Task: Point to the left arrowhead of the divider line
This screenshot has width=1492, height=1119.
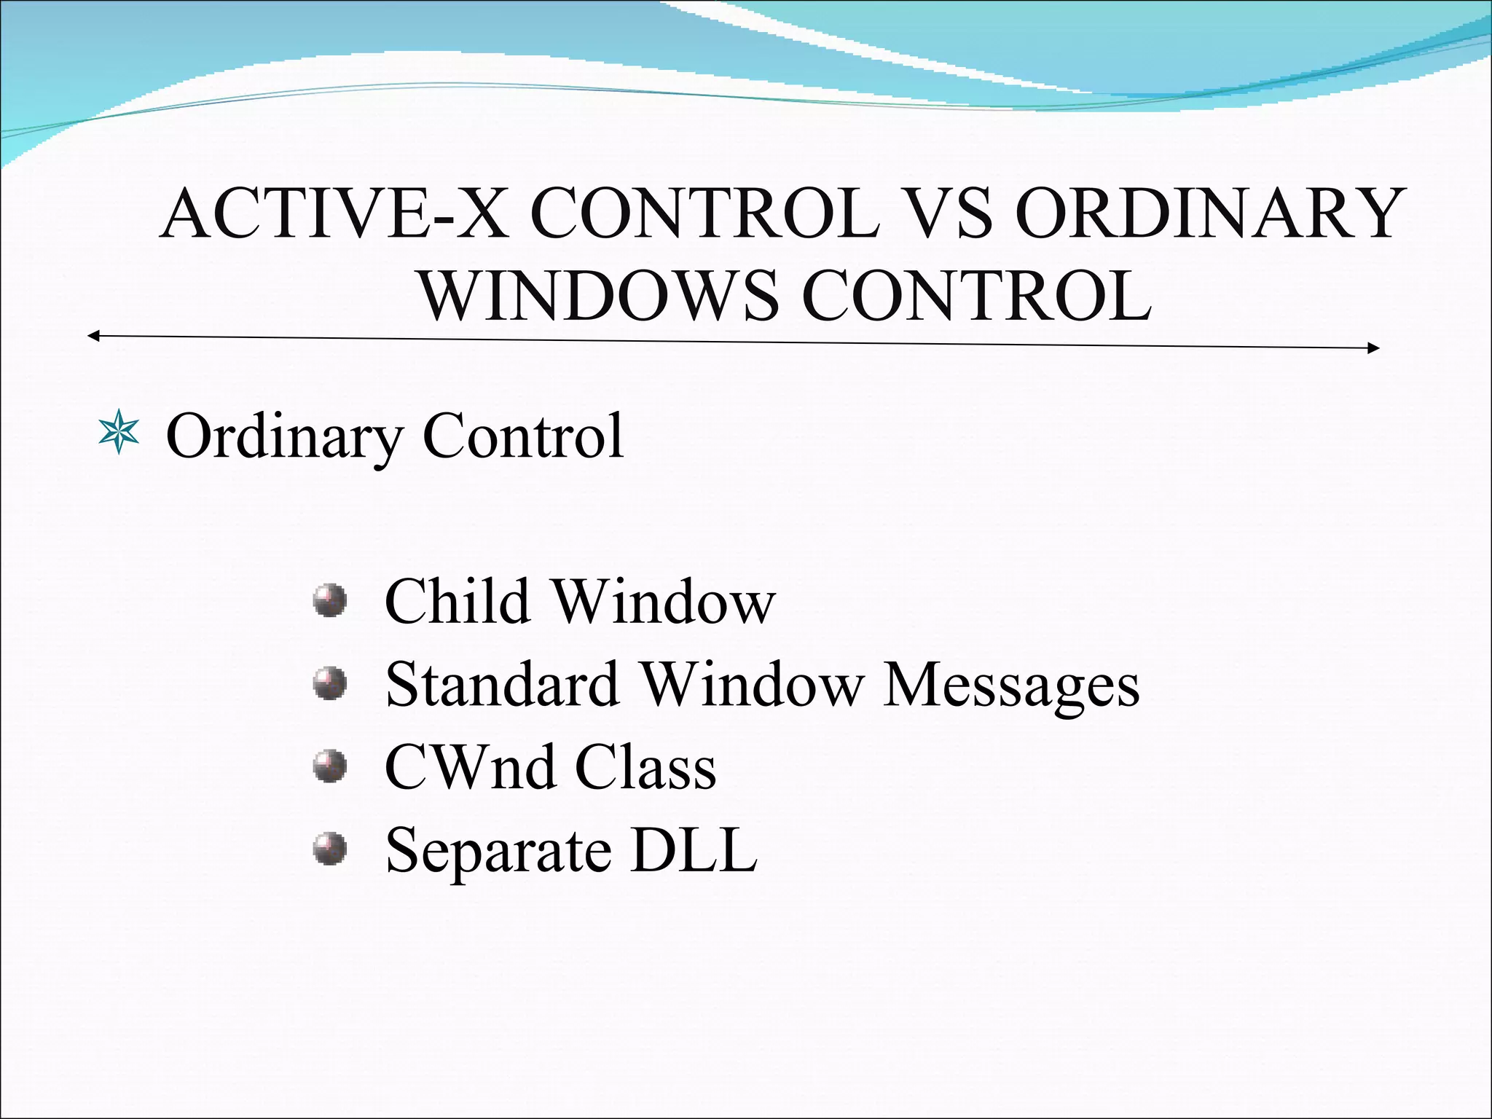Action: point(93,336)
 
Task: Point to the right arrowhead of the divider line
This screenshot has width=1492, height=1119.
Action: point(1374,348)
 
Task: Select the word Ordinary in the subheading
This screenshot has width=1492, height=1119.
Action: point(285,437)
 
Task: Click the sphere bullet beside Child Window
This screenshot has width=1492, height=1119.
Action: point(329,601)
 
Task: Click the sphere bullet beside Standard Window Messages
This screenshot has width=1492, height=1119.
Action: point(329,683)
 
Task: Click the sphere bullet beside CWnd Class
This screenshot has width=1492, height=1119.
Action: point(329,766)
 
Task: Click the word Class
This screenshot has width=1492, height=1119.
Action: point(645,767)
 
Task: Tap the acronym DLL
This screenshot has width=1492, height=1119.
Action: point(694,849)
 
